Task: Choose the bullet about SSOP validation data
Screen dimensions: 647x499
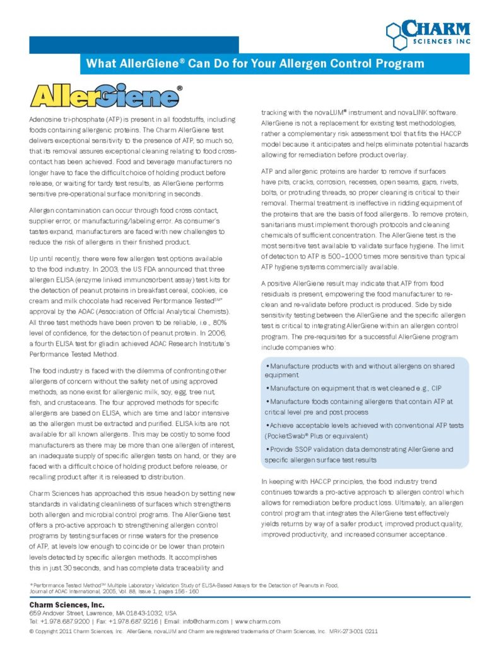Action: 360,454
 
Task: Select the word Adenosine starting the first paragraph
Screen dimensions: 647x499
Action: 45,119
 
